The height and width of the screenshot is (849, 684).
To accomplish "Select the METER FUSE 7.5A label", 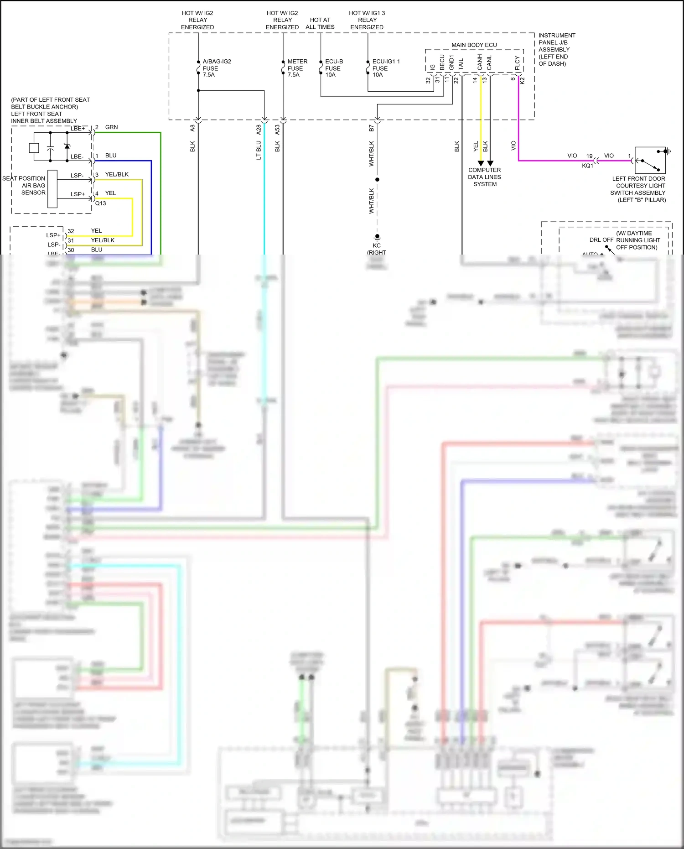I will tap(297, 68).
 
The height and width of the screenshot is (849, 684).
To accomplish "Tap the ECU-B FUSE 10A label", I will tap(333, 68).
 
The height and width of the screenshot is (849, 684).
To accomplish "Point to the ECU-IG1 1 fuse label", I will tap(385, 68).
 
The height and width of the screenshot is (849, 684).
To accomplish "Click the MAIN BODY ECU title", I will tap(474, 45).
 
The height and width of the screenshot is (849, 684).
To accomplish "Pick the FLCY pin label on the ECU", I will tap(517, 63).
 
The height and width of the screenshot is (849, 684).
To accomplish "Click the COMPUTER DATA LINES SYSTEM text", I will tap(484, 177).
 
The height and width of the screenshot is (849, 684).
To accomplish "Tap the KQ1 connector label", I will tap(587, 166).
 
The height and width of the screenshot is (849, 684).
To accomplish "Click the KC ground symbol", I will tap(377, 237).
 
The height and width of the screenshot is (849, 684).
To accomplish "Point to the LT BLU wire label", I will tap(259, 150).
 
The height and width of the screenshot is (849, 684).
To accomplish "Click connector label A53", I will tap(277, 130).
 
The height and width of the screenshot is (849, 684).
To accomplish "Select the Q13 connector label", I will tap(100, 203).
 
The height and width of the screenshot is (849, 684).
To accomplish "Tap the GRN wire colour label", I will tap(111, 127).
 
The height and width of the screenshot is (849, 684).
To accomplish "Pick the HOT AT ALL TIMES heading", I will tap(320, 23).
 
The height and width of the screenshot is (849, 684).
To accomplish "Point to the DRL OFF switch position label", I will tap(601, 240).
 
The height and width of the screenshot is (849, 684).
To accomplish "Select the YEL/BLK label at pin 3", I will tap(117, 174).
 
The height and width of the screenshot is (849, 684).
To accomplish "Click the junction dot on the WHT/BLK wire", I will tap(377, 179).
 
